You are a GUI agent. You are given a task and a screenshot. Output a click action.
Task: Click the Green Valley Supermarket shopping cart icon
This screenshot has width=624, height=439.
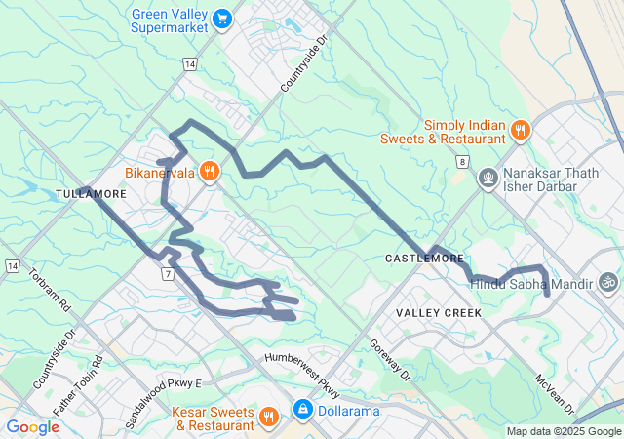point(222,17)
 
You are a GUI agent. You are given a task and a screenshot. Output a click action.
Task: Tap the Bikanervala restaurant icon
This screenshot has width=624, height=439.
point(209,172)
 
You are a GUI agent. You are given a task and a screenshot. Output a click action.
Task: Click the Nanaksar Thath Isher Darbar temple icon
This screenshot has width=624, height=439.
point(487,179)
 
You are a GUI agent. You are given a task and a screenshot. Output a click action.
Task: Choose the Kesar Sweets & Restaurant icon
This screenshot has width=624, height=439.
point(270,418)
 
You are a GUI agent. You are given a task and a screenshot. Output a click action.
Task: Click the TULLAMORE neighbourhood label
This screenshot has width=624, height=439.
point(91,194)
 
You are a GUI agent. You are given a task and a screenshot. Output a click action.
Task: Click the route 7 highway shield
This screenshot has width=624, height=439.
point(169,274)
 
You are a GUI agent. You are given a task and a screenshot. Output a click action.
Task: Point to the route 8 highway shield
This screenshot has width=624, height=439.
point(461,160)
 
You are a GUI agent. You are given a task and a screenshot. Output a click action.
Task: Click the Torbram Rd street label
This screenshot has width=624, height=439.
point(52,290)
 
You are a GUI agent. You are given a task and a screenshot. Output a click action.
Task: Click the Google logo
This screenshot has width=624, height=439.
point(33,426)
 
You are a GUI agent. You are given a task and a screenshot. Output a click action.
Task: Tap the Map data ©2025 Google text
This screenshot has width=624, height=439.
point(564,431)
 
